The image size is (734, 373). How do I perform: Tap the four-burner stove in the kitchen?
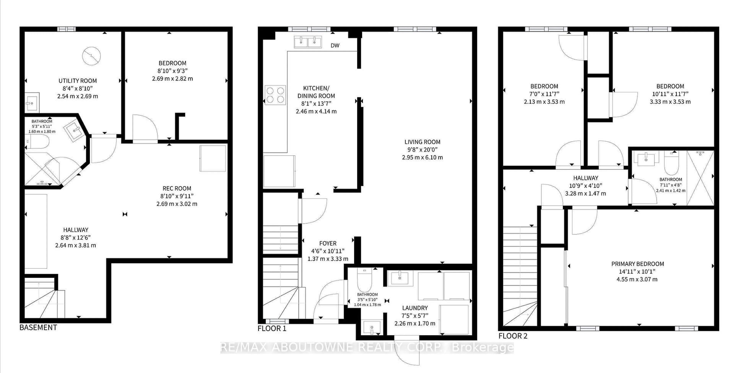[x=275, y=95]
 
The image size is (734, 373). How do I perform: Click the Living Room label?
[x=422, y=142]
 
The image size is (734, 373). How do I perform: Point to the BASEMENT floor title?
[x=38, y=327]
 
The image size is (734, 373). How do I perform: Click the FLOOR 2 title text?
[x=513, y=336]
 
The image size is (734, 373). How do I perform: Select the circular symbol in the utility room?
[x=92, y=56]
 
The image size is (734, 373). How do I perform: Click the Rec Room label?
[x=177, y=188]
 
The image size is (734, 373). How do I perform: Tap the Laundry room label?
[x=415, y=308]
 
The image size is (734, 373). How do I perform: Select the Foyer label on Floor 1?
[x=328, y=243]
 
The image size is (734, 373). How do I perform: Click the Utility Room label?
[x=77, y=81]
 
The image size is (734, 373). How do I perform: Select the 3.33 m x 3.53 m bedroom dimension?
[x=670, y=102]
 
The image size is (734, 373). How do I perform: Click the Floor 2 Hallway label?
[x=585, y=178]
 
